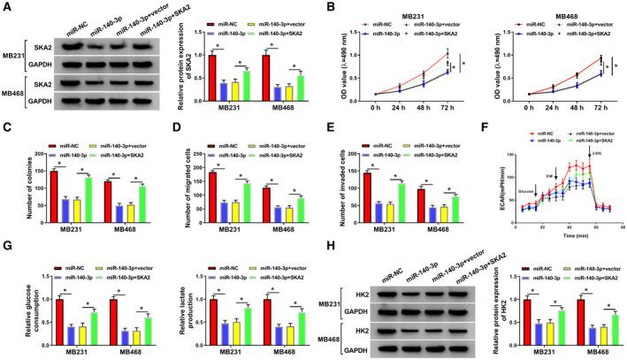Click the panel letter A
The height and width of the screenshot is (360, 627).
[6, 7]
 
